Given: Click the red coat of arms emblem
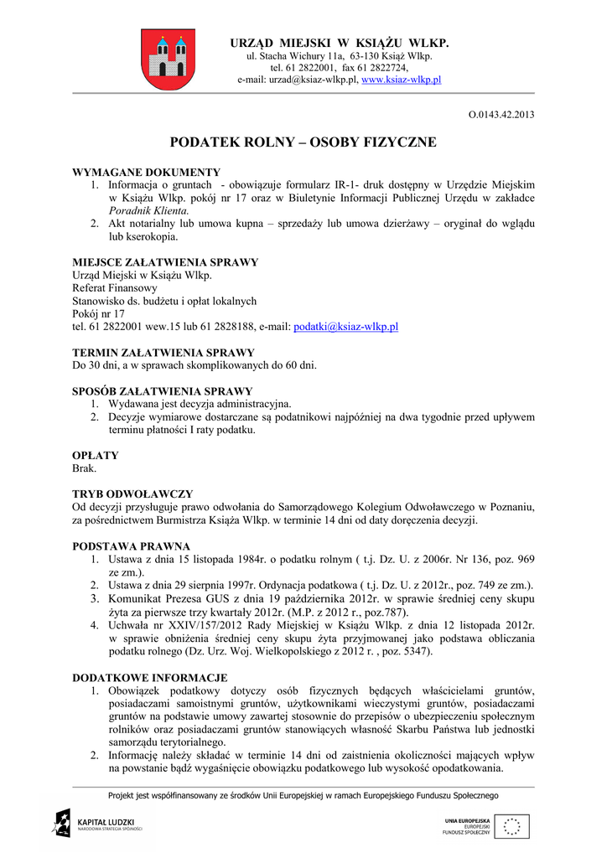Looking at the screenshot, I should tap(168, 59).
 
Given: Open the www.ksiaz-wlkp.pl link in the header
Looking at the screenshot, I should tap(401, 80).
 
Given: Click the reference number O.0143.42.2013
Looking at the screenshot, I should tap(501, 114).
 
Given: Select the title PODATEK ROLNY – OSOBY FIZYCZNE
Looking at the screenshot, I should tap(303, 142).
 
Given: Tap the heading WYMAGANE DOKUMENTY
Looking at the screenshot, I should tap(146, 172).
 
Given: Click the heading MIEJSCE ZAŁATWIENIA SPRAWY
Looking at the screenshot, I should tap(165, 262).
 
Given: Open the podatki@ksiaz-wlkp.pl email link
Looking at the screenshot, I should tap(345, 327).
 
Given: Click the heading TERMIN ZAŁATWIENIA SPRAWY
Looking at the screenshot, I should tap(163, 353).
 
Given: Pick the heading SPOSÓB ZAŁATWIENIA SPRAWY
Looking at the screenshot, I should tap(163, 391).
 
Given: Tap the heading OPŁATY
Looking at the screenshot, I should tap(96, 456).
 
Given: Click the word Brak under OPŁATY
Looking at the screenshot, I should tap(85, 468).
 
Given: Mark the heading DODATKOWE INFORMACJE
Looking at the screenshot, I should tap(150, 677).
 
